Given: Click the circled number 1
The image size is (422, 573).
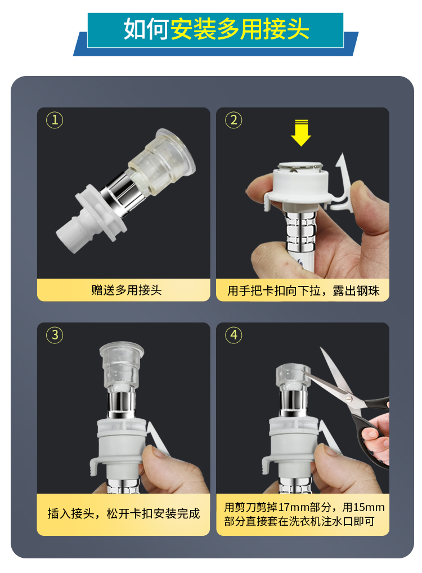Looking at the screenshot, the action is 55,120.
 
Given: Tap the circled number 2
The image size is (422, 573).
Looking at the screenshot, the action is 234,120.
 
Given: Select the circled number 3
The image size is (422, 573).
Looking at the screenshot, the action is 55,335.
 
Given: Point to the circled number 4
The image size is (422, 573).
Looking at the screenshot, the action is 234,335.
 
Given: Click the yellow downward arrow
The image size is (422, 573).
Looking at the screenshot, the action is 300,133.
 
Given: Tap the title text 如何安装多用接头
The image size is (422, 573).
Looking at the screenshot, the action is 216,29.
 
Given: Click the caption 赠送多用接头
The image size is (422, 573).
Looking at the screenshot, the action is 127,290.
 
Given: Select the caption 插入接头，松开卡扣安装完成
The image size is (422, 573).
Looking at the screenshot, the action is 123,513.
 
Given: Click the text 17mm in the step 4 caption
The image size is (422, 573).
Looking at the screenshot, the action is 293,507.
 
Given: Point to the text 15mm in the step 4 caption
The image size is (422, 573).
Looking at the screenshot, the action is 369,507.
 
